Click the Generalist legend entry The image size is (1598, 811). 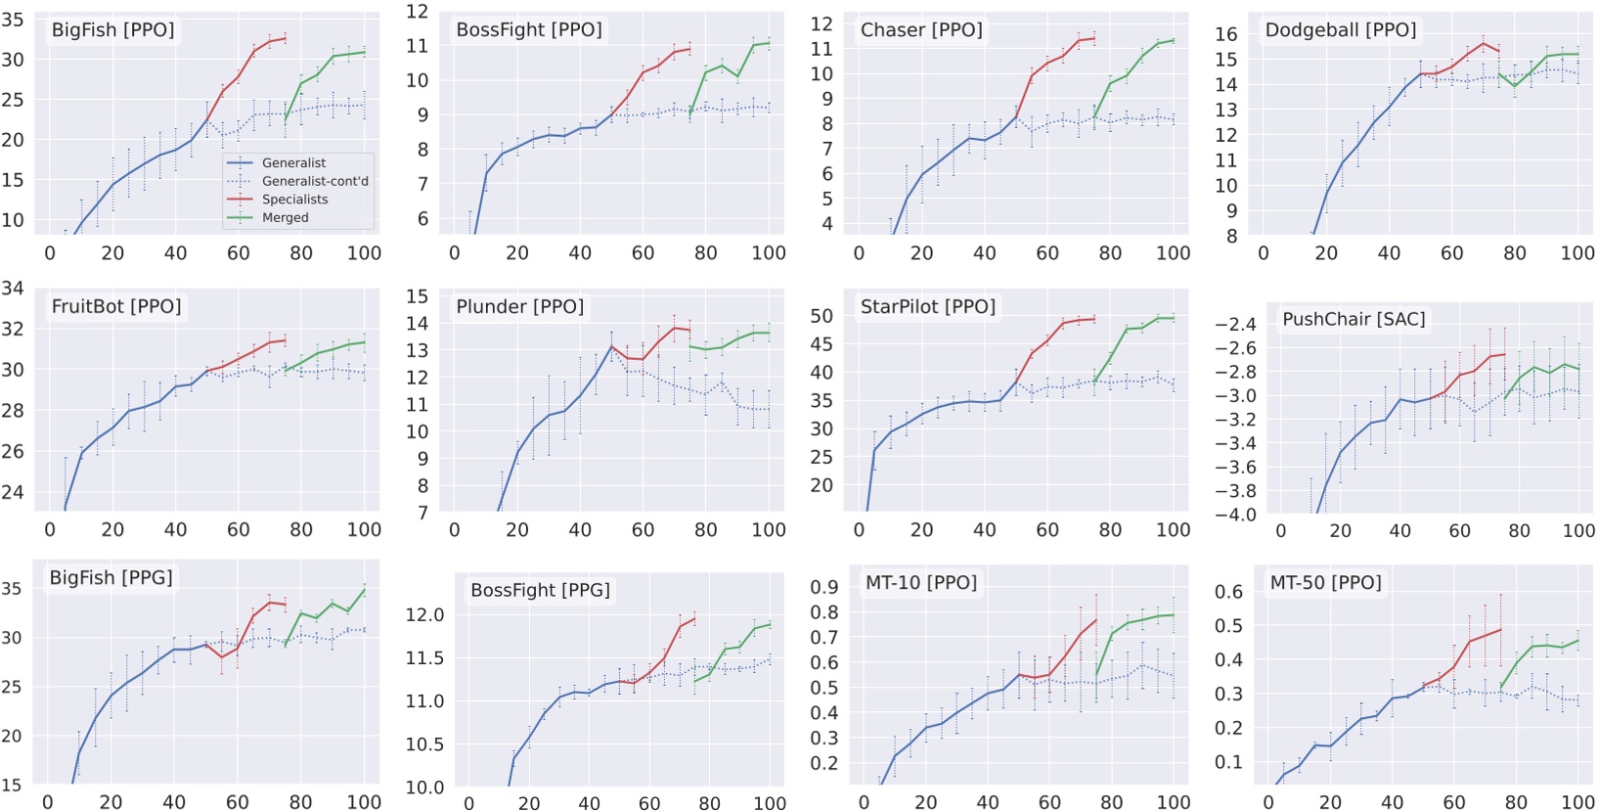click(x=293, y=162)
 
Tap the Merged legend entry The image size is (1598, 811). click(x=285, y=217)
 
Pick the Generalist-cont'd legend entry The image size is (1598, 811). click(x=315, y=181)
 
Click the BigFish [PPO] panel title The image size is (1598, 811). click(x=112, y=30)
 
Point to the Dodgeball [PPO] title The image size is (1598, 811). click(x=1340, y=30)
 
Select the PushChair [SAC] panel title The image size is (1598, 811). click(x=1354, y=319)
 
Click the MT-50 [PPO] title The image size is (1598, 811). click(x=1325, y=583)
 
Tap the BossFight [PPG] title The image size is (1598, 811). click(x=540, y=590)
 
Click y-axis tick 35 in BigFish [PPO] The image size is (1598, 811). click(x=13, y=20)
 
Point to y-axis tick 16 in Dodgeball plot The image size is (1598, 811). click(x=1225, y=34)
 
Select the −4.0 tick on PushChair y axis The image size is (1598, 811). click(x=1237, y=515)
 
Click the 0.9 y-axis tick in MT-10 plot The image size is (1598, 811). click(x=824, y=587)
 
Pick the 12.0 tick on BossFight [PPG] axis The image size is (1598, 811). click(x=424, y=614)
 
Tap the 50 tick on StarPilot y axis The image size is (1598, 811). click(x=821, y=316)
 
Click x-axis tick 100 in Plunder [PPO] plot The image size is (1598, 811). click(x=768, y=530)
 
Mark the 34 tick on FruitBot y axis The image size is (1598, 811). click(x=13, y=288)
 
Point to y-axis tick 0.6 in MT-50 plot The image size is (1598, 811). click(x=1229, y=591)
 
